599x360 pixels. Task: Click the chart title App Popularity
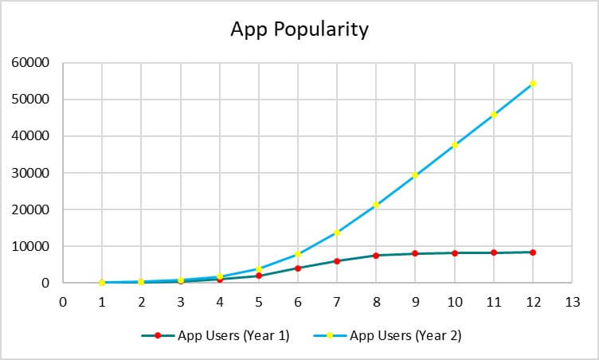click(299, 29)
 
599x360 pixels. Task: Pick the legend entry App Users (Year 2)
click(405, 335)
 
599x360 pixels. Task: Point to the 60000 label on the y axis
click(33, 63)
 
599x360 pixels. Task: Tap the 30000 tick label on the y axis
click(33, 173)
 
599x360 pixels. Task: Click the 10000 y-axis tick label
click(33, 246)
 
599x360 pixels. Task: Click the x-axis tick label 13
click(572, 302)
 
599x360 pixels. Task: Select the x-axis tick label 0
click(63, 302)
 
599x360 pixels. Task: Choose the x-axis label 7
click(337, 302)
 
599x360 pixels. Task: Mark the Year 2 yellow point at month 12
click(533, 84)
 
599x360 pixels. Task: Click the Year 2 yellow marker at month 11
click(494, 115)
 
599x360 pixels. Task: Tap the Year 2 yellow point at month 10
click(455, 145)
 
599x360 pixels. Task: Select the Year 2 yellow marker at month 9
click(415, 175)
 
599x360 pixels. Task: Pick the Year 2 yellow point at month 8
click(376, 205)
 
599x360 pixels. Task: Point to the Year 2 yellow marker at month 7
click(337, 233)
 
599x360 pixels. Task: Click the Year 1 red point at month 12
click(533, 252)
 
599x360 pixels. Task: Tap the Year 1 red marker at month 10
click(455, 253)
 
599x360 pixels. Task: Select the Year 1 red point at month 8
click(376, 256)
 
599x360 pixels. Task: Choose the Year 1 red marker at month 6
click(298, 268)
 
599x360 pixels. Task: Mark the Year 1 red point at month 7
click(337, 261)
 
